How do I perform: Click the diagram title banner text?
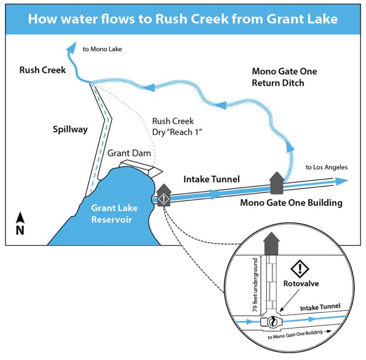(183, 19)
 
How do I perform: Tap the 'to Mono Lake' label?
(102, 49)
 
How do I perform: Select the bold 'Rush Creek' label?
(42, 70)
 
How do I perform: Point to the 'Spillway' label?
(70, 129)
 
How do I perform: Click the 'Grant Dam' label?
(129, 153)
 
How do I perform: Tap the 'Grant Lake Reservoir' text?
(114, 213)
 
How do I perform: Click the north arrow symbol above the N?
(20, 217)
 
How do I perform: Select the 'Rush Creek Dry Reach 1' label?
(177, 127)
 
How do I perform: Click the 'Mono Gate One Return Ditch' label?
(284, 77)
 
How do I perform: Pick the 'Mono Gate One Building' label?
(291, 203)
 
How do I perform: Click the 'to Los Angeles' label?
(327, 167)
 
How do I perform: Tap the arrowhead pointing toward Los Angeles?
(342, 181)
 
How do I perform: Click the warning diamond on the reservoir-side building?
(164, 199)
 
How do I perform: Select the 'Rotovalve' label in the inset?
(301, 284)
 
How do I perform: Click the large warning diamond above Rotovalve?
(300, 269)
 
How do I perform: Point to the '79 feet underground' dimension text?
(255, 285)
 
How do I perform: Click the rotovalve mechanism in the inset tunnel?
(272, 322)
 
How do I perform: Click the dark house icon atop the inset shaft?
(271, 244)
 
